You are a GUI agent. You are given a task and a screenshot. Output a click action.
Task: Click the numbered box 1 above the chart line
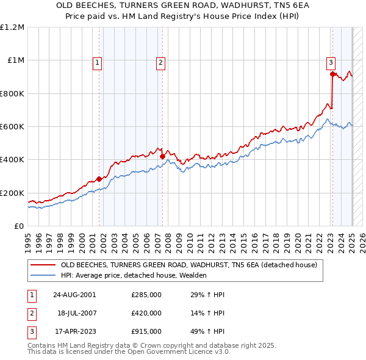98,62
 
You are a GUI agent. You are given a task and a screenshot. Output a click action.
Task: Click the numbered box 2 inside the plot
160,62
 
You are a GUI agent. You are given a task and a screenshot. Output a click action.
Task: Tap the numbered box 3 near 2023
330,62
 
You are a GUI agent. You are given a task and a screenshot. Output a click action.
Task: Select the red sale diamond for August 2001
99,179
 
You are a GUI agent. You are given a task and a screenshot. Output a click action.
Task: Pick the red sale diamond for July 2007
162,157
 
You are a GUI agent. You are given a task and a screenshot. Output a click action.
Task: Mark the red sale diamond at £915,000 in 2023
332,74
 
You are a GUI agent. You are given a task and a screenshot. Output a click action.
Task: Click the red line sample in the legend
43,265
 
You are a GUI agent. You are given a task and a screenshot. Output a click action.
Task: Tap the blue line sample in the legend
43,275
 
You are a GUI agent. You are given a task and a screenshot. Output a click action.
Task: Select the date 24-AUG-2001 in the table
74,295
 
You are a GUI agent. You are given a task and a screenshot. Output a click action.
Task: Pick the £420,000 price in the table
146,313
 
